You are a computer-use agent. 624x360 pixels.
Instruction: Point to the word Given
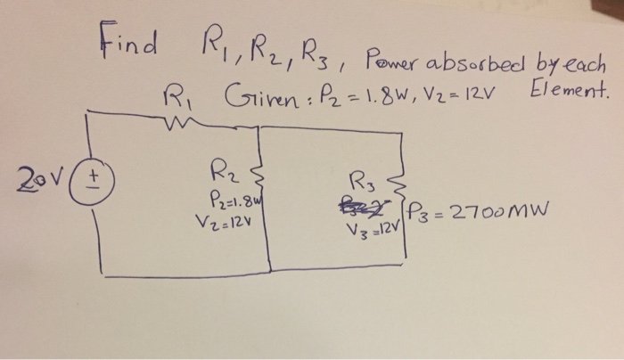[x=247, y=93]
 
